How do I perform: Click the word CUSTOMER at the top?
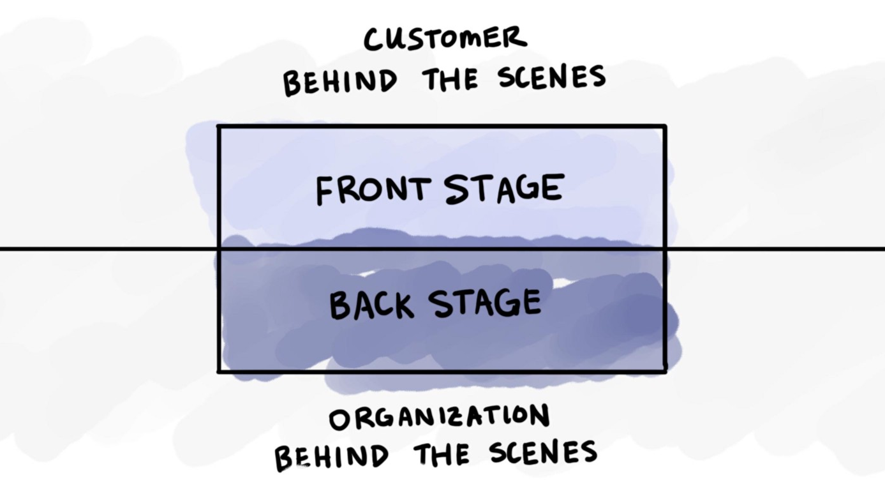(445, 39)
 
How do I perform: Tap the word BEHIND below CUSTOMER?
(340, 82)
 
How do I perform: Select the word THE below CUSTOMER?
(450, 79)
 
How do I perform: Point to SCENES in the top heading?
(552, 77)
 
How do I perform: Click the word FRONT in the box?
(373, 190)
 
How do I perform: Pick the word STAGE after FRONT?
(504, 189)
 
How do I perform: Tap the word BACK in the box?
(371, 305)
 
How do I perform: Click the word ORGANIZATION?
(439, 417)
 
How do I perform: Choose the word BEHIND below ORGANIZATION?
(331, 457)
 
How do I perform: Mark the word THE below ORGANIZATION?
(442, 455)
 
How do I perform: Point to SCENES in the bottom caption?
(543, 452)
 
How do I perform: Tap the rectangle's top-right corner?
(666, 126)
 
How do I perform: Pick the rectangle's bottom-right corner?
(666, 371)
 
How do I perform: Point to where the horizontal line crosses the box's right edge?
(666, 248)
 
